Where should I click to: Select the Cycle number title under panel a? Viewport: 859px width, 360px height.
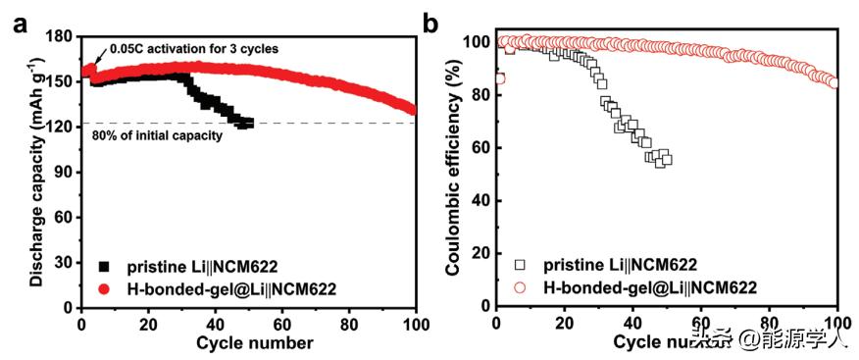(x=255, y=342)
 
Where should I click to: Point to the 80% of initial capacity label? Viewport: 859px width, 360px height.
(x=157, y=135)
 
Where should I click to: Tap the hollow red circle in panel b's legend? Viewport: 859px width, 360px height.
(x=521, y=286)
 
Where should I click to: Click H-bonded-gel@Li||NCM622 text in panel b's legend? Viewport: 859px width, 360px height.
(x=651, y=286)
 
